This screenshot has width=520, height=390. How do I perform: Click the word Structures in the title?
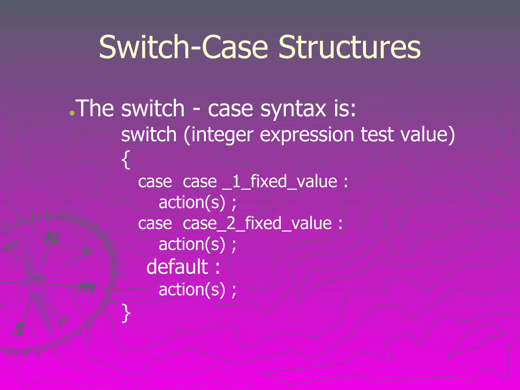coord(350,47)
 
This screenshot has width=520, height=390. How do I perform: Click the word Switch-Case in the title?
coord(183,47)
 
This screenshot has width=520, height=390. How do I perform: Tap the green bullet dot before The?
coord(72,113)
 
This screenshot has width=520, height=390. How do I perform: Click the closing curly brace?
coord(126,313)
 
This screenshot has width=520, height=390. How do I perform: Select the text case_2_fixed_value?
coord(257,224)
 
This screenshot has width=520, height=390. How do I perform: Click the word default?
coord(177,267)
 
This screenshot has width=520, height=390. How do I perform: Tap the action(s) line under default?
coord(197,290)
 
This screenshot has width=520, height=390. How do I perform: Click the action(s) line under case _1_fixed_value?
coord(197,203)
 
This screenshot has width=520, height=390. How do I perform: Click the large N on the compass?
coord(52,239)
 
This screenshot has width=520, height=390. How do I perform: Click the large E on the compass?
coord(86,289)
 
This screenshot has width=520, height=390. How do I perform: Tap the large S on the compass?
coord(19,330)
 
